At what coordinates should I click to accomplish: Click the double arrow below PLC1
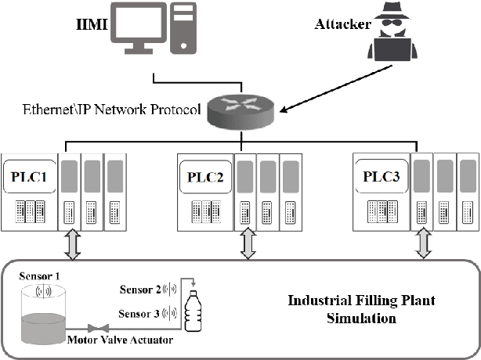72,244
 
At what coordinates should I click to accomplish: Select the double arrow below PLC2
248,244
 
